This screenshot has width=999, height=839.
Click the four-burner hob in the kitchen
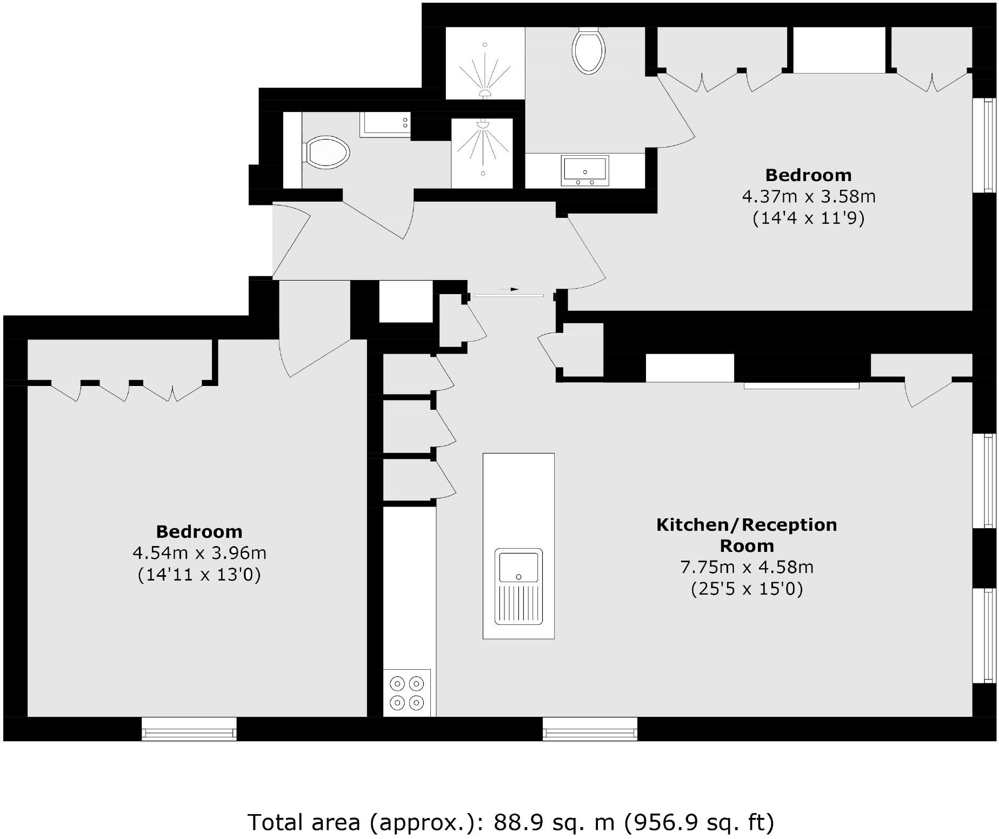[x=407, y=693]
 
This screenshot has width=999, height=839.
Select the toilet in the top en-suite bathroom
[x=588, y=51]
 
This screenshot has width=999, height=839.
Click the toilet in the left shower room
[x=328, y=151]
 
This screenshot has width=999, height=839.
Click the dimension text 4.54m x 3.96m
[x=199, y=553]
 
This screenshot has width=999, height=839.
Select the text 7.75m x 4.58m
[x=747, y=567]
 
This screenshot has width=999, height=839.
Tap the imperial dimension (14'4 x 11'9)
[x=808, y=218]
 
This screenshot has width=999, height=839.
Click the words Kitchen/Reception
[x=747, y=524]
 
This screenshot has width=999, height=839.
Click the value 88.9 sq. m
[x=554, y=822]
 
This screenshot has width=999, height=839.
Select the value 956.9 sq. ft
[x=699, y=822]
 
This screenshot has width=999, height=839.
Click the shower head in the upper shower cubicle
[x=485, y=94]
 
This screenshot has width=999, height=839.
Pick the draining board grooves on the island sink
[x=518, y=604]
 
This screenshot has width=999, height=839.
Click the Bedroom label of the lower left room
[x=199, y=532]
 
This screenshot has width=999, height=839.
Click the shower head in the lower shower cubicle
[x=483, y=124]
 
